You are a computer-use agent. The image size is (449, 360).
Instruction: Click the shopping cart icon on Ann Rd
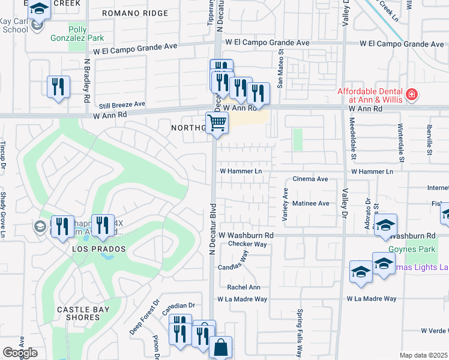[217, 124]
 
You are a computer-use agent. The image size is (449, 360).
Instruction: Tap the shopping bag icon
[220, 347]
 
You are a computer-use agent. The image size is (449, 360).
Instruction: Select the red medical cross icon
[412, 94]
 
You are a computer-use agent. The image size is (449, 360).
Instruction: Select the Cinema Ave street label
[310, 179]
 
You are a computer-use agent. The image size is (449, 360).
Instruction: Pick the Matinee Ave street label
[310, 203]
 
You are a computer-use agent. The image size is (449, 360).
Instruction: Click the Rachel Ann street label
[244, 287]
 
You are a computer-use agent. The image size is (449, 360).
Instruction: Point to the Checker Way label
[247, 244]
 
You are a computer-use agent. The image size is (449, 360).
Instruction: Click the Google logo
[20, 353]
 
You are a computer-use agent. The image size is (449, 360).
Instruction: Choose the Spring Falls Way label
[300, 333]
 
